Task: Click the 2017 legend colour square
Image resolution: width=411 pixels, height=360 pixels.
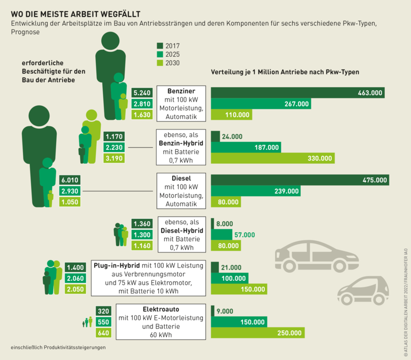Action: [x=159, y=46]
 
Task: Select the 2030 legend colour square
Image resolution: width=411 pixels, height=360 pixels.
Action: [x=159, y=63]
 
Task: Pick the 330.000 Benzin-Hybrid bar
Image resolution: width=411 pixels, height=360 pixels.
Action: [x=273, y=158]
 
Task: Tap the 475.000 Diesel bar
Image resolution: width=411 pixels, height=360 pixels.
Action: [x=300, y=180]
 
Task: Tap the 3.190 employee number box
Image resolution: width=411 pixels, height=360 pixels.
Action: [x=116, y=158]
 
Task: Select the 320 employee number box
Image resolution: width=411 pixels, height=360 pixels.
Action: [x=103, y=311]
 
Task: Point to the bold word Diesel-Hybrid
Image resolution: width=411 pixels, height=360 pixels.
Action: [x=181, y=231]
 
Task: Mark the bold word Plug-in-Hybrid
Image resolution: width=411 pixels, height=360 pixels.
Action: [x=117, y=265]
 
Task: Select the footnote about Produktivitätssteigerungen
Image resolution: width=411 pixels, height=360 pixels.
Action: [x=58, y=347]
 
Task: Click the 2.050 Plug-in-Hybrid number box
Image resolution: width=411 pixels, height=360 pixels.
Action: [x=75, y=289]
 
